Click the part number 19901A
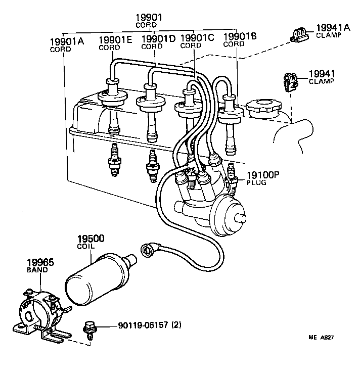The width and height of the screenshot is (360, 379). pos(67,41)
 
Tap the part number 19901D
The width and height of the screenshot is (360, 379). pos(158,38)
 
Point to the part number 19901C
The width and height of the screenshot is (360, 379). pos(197,37)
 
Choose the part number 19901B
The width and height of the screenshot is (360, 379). pos(240,36)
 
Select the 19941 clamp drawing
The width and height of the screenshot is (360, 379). pos(290,82)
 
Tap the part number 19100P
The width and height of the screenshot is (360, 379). pos(263,175)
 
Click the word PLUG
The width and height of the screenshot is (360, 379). pos(256,183)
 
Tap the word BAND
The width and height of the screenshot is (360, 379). pos(37,270)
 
